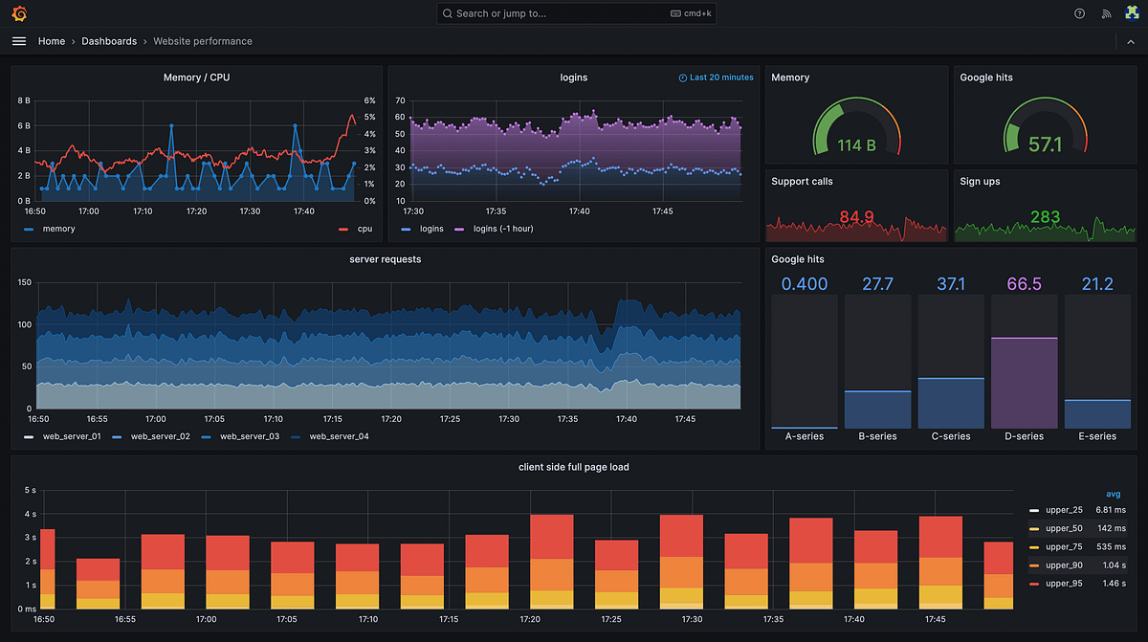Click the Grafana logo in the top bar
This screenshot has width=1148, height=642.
pos(19,13)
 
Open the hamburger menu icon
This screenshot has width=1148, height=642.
pos(19,41)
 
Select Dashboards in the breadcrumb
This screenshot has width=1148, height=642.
pos(109,41)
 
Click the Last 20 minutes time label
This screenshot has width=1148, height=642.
pos(720,77)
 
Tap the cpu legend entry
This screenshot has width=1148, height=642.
pos(364,229)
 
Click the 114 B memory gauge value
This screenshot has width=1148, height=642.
pos(856,145)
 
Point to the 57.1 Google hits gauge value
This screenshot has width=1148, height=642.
pos(1045,145)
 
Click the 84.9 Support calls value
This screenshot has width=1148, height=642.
pos(856,217)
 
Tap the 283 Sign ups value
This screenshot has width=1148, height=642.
pos(1045,217)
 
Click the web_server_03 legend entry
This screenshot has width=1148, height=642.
pos(249,436)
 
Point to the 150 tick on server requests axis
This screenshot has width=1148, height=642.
pos(25,282)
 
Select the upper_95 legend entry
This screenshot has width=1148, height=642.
pos(1063,583)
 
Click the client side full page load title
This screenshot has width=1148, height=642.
pos(573,467)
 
